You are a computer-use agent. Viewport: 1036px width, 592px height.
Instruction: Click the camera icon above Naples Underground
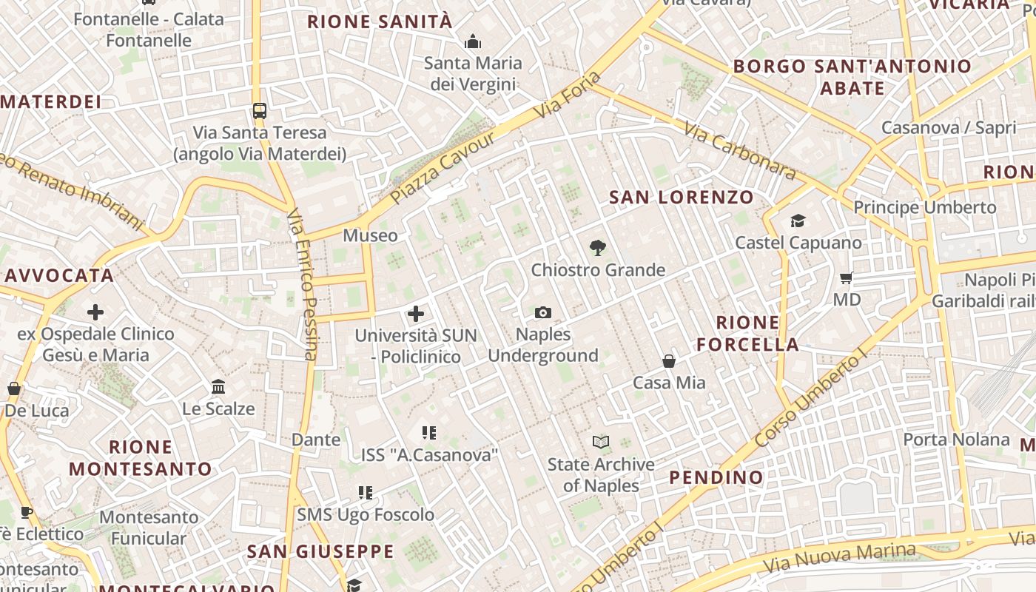click(x=542, y=313)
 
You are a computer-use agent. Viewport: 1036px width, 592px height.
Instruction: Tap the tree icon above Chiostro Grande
click(x=597, y=248)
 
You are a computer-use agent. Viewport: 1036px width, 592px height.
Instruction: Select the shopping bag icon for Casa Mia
click(x=669, y=361)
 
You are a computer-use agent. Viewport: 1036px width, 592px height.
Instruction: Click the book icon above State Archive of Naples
click(x=601, y=443)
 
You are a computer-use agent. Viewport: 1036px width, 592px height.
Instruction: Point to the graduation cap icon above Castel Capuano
click(x=798, y=221)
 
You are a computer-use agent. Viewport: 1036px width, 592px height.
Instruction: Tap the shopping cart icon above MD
click(x=847, y=278)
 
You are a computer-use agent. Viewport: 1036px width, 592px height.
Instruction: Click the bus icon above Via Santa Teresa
click(x=259, y=111)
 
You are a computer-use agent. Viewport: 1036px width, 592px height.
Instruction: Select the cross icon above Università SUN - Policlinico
click(x=416, y=314)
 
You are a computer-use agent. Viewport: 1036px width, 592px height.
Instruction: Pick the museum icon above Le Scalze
click(x=218, y=387)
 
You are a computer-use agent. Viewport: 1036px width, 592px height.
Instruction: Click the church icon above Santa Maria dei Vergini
click(x=472, y=41)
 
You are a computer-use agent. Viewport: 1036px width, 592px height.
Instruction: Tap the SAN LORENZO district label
click(x=681, y=197)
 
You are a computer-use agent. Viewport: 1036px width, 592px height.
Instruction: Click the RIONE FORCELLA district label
click(x=747, y=333)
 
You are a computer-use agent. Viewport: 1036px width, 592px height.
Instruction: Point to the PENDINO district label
click(x=716, y=477)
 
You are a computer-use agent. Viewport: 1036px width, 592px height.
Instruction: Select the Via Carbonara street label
click(x=739, y=151)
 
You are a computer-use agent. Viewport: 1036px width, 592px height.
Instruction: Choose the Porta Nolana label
click(x=956, y=440)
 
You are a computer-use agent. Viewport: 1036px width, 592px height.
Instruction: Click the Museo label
click(x=370, y=235)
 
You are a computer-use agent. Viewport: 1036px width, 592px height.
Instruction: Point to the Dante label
click(x=316, y=440)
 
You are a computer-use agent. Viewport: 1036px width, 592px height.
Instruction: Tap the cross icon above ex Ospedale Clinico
click(x=95, y=312)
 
